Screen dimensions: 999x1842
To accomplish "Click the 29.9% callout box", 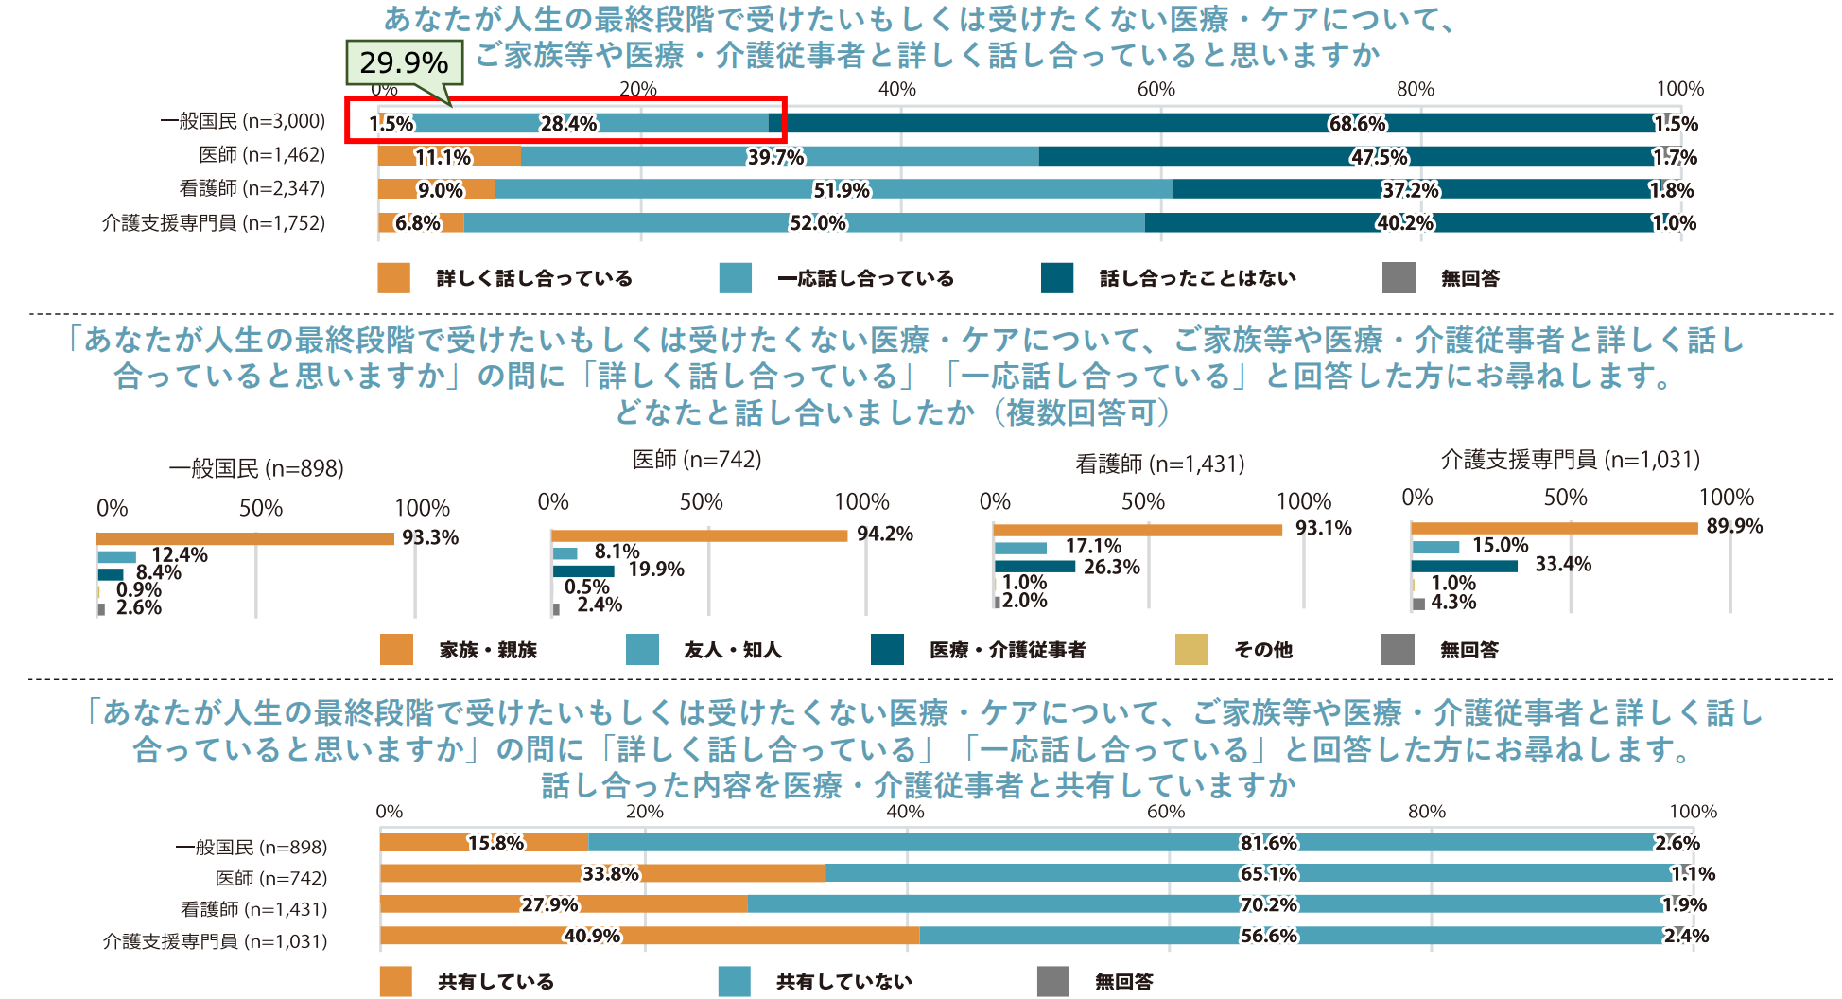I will [404, 62].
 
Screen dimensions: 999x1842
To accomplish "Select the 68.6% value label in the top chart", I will [1358, 124].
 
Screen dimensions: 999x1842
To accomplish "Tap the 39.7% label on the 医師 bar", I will [775, 157].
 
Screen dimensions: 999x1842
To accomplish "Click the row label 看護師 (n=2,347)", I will [252, 188].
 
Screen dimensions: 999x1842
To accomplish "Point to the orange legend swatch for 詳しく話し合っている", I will [393, 278].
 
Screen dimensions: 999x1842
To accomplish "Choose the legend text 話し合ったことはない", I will [1197, 278].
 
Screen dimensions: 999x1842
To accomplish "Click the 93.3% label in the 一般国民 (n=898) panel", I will [430, 537].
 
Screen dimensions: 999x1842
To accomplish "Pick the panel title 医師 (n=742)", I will [697, 460].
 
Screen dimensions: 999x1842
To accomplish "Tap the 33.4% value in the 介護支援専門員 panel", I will [1563, 565].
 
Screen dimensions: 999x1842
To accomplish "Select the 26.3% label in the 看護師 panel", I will [1112, 568].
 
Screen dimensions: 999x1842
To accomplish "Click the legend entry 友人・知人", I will [733, 650].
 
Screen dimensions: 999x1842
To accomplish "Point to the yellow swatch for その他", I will [1191, 650].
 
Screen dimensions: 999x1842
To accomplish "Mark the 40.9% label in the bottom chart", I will [593, 936].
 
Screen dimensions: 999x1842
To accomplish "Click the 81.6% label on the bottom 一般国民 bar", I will [1269, 843].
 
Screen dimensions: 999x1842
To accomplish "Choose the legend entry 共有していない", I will [844, 982].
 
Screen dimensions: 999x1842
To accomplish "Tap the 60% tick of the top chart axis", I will [1156, 89].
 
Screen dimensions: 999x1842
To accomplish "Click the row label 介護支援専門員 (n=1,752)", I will [214, 223].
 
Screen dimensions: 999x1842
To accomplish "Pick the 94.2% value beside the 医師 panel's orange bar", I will [885, 535].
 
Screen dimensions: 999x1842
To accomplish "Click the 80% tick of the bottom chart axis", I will [1426, 812].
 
